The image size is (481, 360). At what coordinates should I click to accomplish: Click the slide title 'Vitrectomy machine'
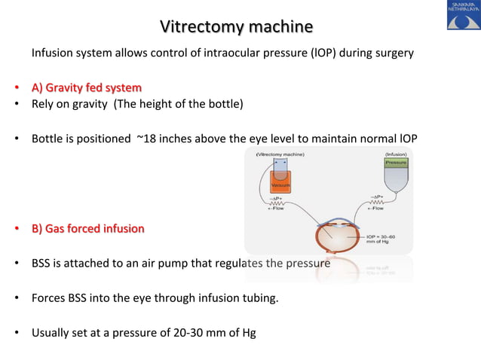click(x=237, y=27)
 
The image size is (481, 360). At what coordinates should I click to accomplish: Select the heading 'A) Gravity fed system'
click(x=86, y=87)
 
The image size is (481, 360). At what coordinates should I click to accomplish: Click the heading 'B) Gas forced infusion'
click(x=87, y=228)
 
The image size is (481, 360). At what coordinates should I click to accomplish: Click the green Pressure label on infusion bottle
click(x=397, y=163)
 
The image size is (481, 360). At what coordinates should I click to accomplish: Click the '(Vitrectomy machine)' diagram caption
click(x=283, y=154)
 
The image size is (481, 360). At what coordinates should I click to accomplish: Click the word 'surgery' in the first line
click(x=393, y=54)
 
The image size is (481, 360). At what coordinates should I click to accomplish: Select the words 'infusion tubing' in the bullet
click(x=240, y=297)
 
